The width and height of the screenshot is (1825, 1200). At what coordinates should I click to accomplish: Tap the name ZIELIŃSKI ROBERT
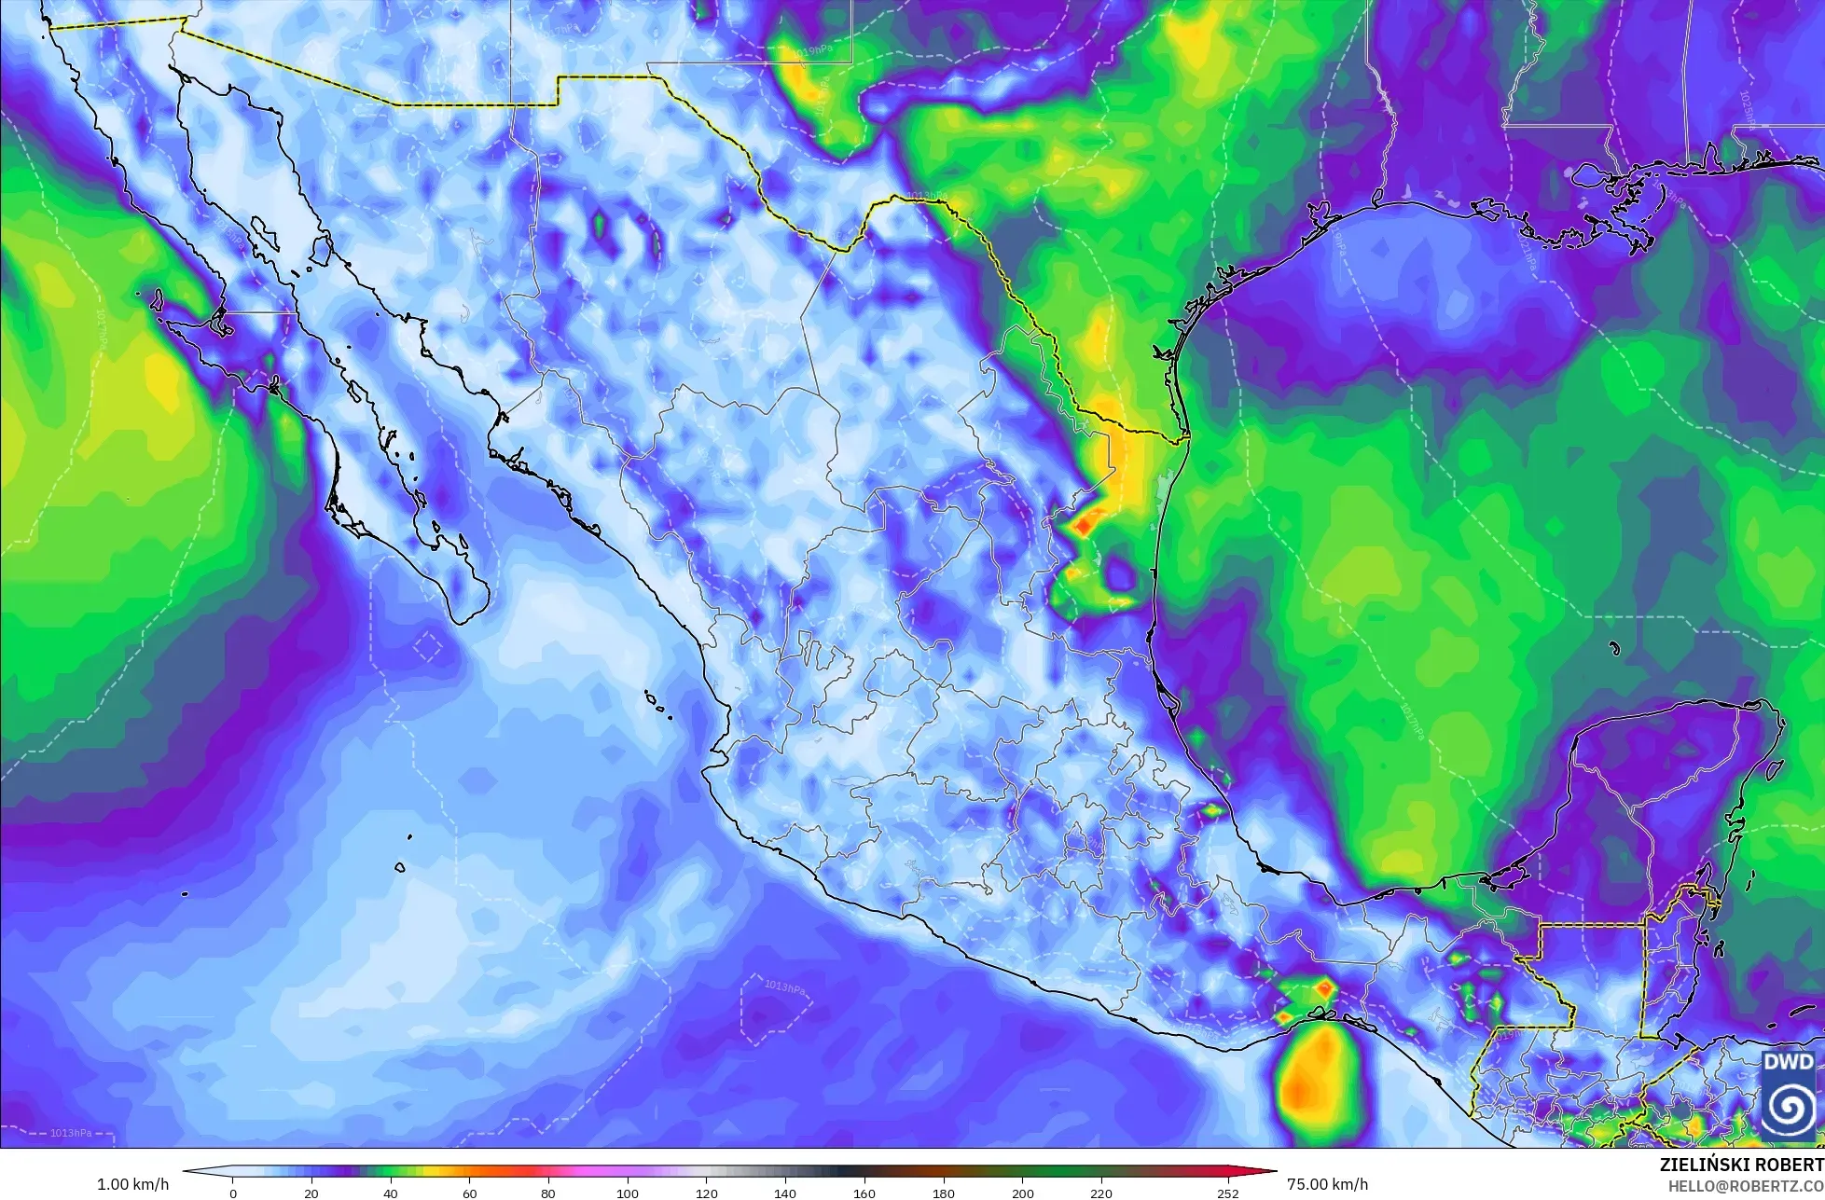pos(1742,1165)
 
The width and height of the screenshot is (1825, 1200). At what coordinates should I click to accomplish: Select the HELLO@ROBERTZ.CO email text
pos(1747,1185)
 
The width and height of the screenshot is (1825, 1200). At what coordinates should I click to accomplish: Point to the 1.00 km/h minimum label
pos(133,1184)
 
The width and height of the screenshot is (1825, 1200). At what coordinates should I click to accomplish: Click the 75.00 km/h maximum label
pos(1327,1184)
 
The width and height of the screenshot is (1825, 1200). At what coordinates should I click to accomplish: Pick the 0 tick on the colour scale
pos(232,1193)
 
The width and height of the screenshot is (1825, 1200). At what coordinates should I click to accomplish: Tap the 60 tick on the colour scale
pos(470,1193)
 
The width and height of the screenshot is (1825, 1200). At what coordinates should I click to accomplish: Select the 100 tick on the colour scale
pos(628,1193)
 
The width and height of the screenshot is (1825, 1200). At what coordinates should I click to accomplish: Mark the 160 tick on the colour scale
pos(864,1193)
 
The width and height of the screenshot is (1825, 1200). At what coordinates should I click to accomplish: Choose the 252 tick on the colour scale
pos(1227,1193)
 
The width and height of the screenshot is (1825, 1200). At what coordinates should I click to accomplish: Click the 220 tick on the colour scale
pos(1101,1193)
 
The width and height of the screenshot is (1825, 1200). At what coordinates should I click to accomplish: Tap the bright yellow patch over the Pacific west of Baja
pos(159,378)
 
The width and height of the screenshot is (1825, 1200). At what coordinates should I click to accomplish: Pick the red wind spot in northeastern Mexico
pos(1083,525)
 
